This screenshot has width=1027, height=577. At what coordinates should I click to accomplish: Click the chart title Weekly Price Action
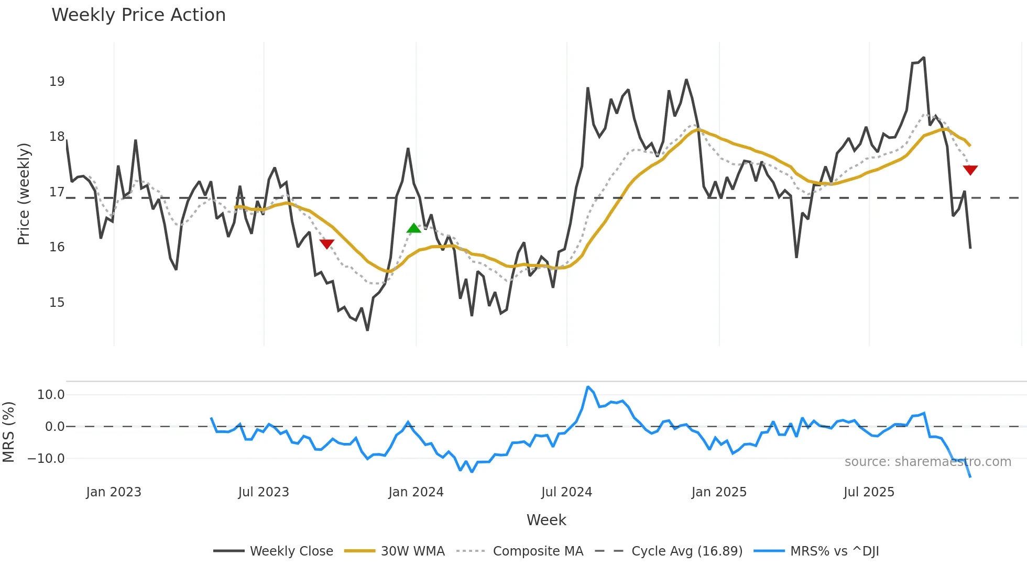[138, 15]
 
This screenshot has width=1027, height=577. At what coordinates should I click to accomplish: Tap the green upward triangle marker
[413, 228]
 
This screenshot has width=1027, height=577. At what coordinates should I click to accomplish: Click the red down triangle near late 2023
[326, 244]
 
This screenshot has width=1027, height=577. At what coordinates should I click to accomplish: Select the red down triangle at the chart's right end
[970, 170]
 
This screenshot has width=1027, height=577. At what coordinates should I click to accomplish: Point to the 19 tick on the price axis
[57, 82]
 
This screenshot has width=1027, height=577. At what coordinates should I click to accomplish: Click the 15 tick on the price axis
[57, 303]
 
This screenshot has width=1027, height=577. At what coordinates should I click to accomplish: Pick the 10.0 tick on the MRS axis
[51, 395]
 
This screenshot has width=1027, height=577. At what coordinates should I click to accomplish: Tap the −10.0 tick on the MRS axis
[46, 459]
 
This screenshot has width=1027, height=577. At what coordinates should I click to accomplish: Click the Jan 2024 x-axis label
[416, 492]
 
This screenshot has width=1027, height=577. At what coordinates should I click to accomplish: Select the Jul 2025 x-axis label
[869, 492]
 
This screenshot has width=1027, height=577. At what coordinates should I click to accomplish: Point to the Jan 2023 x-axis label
[114, 492]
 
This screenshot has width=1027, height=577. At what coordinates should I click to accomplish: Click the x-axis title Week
[546, 520]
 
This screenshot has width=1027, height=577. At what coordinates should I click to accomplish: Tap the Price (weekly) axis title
[24, 194]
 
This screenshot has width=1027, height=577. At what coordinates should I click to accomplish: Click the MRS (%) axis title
[8, 432]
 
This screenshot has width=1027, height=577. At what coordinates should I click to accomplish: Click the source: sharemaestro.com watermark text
[927, 462]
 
